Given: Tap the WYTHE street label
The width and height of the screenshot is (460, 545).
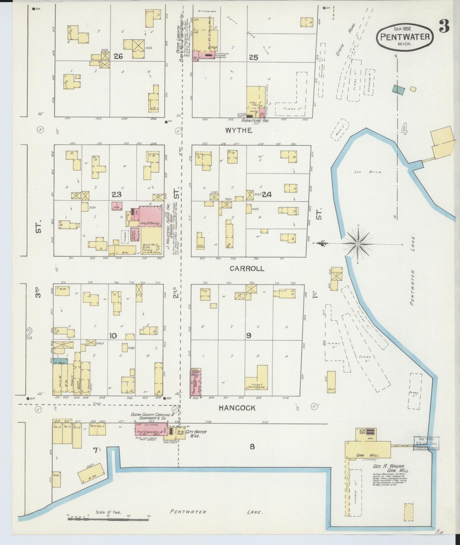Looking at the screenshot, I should click(238, 130).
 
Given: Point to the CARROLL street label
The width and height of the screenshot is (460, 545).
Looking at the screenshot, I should click(247, 268).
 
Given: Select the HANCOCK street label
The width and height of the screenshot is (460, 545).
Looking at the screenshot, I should click(237, 408).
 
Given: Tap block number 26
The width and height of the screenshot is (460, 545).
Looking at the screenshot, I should click(118, 57).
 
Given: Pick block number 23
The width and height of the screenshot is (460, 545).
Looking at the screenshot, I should click(116, 195).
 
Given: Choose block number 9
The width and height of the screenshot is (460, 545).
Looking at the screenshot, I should click(248, 336).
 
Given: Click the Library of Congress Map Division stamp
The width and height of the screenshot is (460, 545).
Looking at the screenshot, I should click(426, 443).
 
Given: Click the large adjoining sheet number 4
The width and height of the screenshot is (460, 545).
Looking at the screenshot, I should click(404, 130).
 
